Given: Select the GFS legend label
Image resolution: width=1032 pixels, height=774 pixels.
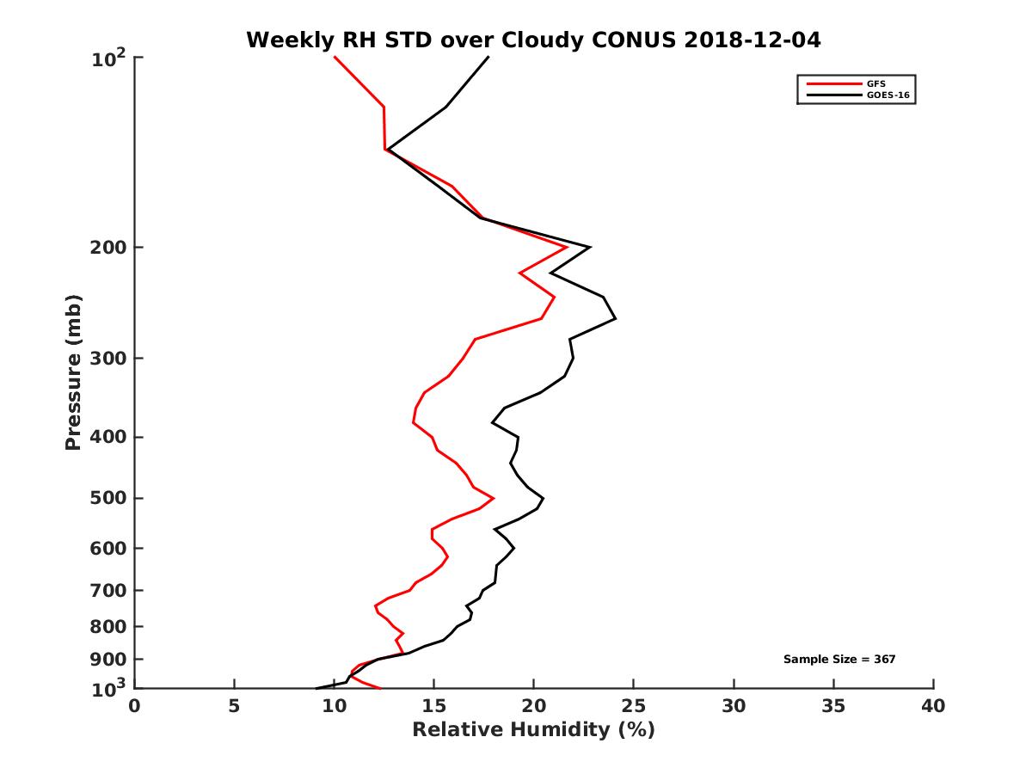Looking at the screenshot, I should tap(875, 83).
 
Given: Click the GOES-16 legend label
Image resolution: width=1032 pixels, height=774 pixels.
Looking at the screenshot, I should tap(887, 95).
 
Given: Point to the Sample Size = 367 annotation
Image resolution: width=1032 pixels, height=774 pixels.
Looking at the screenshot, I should tap(839, 659).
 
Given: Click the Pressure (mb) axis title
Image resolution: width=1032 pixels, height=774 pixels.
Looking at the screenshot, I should tap(73, 372).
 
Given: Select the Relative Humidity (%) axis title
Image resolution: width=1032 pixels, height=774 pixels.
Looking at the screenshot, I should tap(533, 730).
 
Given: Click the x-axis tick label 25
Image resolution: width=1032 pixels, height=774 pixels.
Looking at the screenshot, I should tap(634, 706).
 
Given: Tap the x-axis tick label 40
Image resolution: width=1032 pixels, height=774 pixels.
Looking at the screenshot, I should tap(933, 706).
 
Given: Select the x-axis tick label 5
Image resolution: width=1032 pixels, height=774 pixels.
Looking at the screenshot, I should tap(234, 706).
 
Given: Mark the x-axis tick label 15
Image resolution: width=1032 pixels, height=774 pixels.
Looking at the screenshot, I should tap(433, 706).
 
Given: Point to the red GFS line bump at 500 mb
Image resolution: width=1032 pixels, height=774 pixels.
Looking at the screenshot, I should tap(493, 498).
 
